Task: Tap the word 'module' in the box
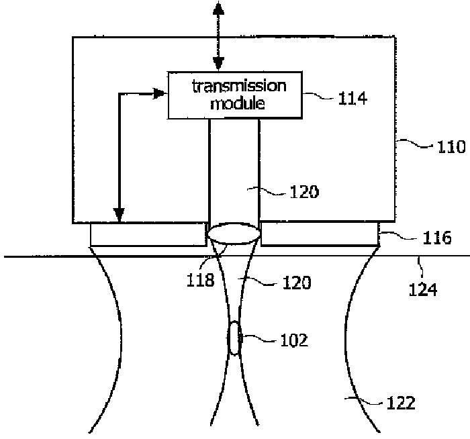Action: [x=238, y=104]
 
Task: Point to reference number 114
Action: [x=352, y=99]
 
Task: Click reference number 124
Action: [x=424, y=290]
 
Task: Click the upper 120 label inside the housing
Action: [x=303, y=192]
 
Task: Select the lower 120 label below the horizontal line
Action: [x=295, y=283]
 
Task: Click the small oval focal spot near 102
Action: [x=233, y=338]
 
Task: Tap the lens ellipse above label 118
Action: [x=234, y=234]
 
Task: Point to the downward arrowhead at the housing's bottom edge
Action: [x=120, y=216]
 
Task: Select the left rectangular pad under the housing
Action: [x=148, y=234]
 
